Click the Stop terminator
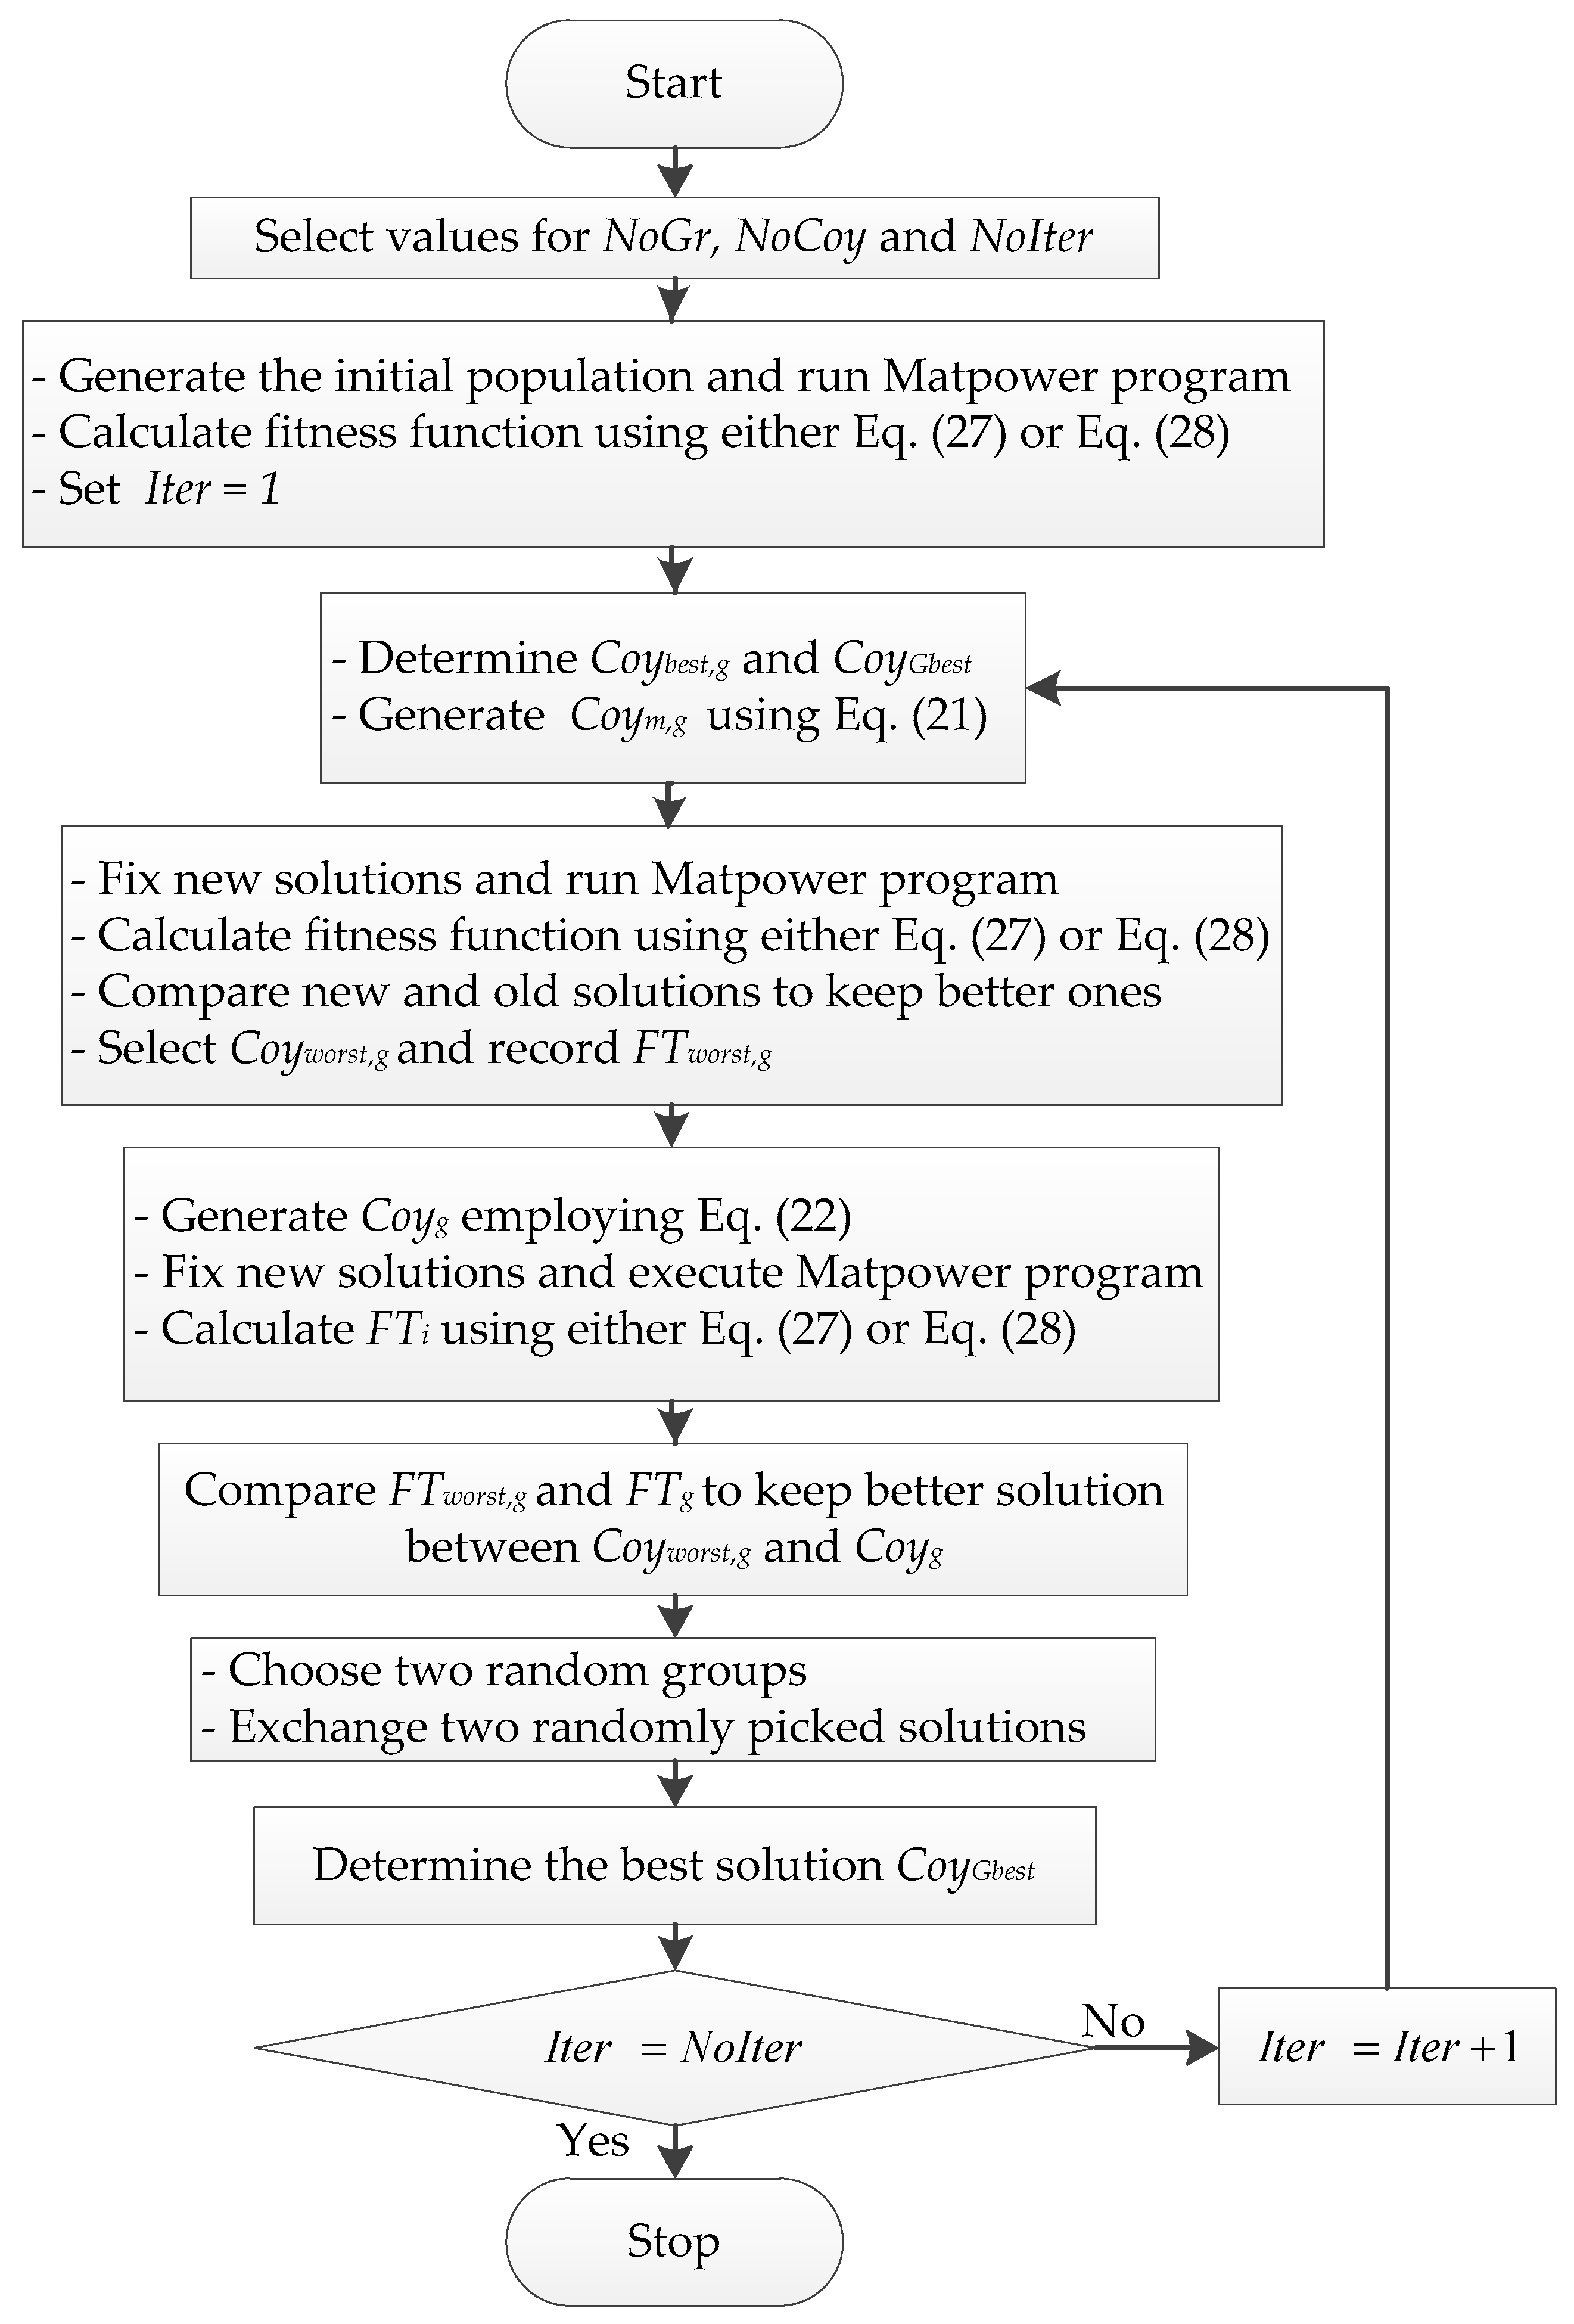(x=673, y=2241)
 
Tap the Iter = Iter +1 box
(x=1386, y=2047)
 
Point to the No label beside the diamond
(x=1112, y=2021)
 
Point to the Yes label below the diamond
(x=593, y=2140)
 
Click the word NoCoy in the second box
(x=800, y=237)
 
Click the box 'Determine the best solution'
(x=673, y=1865)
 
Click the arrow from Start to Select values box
(x=675, y=172)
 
